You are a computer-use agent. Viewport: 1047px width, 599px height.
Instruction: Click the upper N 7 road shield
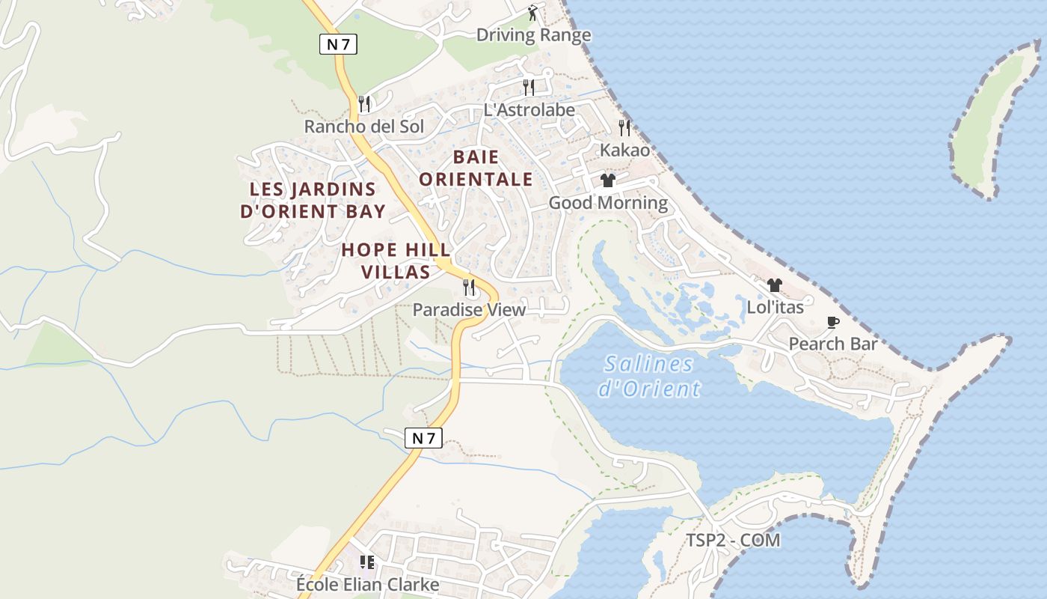pos(339,44)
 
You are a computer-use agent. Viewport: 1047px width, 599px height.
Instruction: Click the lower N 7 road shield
pos(423,438)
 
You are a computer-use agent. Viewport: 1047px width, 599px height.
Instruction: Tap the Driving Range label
pos(533,35)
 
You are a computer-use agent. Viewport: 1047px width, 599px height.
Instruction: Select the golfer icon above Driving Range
pos(532,13)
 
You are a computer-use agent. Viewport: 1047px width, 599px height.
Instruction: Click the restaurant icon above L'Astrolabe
pos(529,87)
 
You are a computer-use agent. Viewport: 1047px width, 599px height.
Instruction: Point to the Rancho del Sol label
pos(363,127)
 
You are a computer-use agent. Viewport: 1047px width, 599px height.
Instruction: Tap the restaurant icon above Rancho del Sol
pos(364,103)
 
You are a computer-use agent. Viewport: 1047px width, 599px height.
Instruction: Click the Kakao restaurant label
pos(624,150)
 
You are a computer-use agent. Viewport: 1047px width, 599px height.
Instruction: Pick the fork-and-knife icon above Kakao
pos(624,127)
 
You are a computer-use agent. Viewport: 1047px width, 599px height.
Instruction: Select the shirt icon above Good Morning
pos(608,180)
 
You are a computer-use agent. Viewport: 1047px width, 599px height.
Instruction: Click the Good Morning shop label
pos(608,203)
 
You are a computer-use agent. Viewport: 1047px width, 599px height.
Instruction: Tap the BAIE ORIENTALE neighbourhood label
pos(476,168)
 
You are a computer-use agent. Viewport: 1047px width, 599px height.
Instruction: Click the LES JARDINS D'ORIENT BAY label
pos(313,200)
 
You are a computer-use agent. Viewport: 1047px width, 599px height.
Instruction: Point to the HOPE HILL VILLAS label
pos(396,261)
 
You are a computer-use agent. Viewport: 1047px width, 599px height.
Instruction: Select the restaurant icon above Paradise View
pos(469,287)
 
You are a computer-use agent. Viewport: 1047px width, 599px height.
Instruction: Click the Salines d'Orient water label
pos(649,376)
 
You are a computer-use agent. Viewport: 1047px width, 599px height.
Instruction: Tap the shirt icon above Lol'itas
pos(775,285)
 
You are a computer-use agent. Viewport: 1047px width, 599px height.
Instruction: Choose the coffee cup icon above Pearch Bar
pos(833,322)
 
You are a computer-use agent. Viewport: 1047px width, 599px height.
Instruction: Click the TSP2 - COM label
pos(733,541)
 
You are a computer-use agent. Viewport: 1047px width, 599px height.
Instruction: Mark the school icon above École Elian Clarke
pos(366,562)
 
